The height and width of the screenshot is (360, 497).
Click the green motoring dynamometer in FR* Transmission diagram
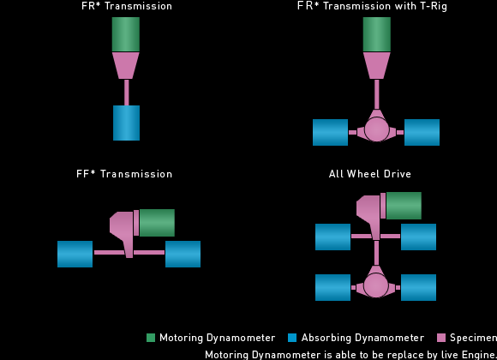tap(126, 34)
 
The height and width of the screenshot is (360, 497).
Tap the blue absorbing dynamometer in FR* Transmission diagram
tap(127, 123)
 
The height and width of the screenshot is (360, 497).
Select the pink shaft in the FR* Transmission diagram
tap(127, 93)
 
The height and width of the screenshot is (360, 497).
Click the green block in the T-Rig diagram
tap(377, 34)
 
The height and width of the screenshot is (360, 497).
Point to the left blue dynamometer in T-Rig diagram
tap(330, 132)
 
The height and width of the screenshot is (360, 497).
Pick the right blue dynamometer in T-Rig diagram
tap(422, 132)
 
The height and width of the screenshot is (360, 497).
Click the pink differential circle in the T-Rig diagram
tap(376, 129)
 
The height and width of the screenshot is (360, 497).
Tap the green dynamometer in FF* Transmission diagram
tap(157, 223)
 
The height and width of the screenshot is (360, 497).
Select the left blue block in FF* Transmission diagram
tap(75, 254)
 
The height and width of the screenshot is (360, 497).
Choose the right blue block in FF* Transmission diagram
tap(183, 254)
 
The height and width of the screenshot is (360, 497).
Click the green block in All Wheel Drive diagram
tap(404, 206)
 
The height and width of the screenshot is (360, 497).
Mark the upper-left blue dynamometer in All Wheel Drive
tap(332, 237)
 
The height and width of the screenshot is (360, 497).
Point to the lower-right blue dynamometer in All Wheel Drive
tap(418, 287)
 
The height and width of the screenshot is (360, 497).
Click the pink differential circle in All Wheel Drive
tap(376, 285)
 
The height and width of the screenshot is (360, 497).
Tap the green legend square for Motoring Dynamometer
tap(151, 338)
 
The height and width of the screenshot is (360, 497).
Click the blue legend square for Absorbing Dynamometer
tap(292, 338)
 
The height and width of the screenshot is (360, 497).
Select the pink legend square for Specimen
tap(441, 338)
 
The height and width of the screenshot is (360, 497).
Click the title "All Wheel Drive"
tap(370, 174)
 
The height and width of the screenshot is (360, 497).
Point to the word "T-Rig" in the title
tap(434, 6)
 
